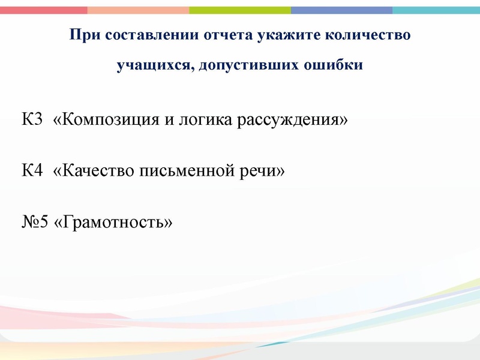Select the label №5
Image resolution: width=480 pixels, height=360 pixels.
[35, 223]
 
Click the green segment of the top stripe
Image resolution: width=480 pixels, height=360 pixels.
[240, 10]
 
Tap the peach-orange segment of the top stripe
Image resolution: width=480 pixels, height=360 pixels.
[138, 10]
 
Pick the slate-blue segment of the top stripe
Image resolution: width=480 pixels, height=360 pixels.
[341, 10]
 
